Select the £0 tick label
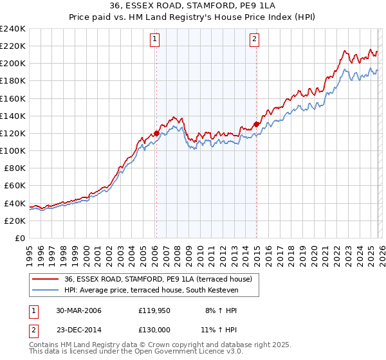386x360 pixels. pos(19,238)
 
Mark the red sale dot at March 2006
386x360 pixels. pos(156,134)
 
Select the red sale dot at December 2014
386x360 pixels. pos(256,124)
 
